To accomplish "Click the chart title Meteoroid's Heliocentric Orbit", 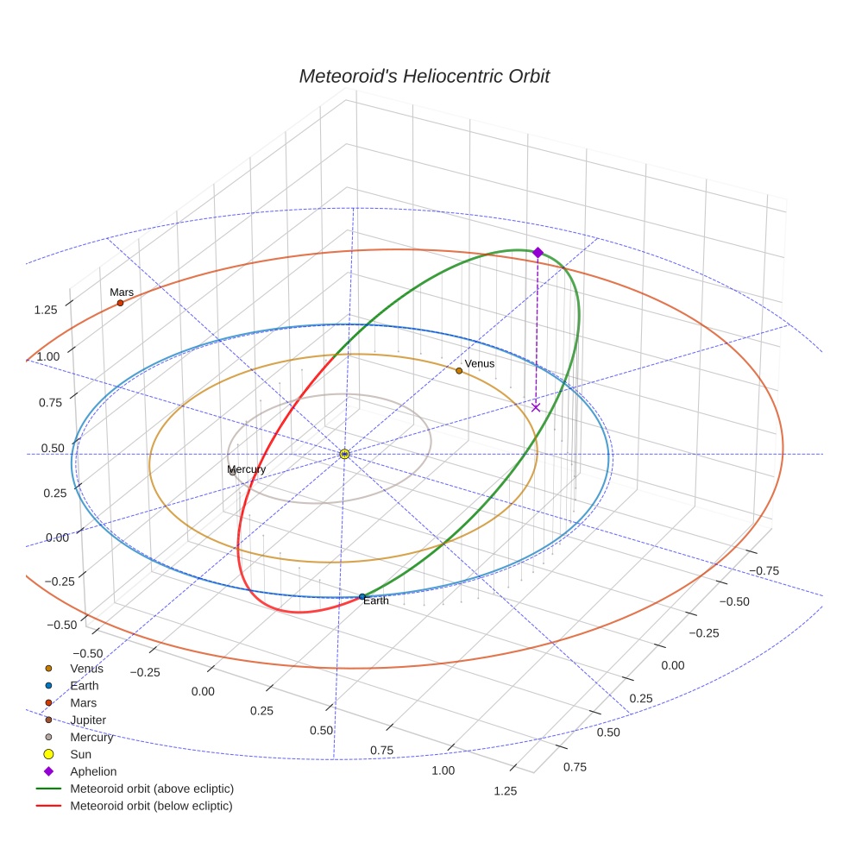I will pyautogui.click(x=424, y=76).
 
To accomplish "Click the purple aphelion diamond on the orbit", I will pyautogui.click(x=538, y=252).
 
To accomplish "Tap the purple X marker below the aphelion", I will pyautogui.click(x=536, y=407).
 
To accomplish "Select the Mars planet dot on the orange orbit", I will pyautogui.click(x=120, y=303).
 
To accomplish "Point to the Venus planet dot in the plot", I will pyautogui.click(x=459, y=371).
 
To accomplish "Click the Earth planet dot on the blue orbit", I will pyautogui.click(x=362, y=597).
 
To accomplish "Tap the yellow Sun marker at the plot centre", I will pyautogui.click(x=344, y=454).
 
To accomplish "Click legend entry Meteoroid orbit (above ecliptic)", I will pyautogui.click(x=152, y=789).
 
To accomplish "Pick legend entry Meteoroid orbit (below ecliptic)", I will pyautogui.click(x=151, y=806).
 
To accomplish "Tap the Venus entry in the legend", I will pyautogui.click(x=86, y=668).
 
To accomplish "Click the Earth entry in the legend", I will pyautogui.click(x=84, y=685).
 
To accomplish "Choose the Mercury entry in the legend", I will pyautogui.click(x=91, y=737).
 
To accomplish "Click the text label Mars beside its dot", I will pyautogui.click(x=122, y=292).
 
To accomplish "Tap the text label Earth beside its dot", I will pyautogui.click(x=376, y=601).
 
